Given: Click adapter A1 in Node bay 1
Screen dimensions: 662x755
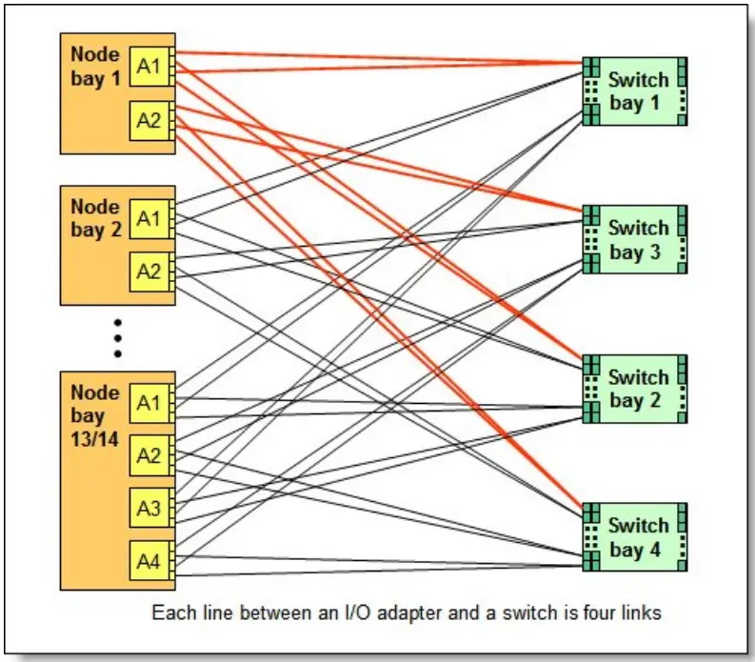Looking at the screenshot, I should point(149,66).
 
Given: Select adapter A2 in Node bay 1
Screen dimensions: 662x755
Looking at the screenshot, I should point(149,120).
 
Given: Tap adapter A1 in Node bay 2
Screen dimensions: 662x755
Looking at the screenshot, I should point(149,219).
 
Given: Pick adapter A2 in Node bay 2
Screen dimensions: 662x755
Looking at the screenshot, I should point(149,271).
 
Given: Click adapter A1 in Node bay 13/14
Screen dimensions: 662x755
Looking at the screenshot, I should point(149,404).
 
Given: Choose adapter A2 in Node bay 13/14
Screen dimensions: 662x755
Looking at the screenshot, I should point(149,455).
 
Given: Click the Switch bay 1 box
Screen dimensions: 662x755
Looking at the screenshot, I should point(636,91).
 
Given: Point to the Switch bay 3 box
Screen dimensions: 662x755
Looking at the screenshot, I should point(636,240).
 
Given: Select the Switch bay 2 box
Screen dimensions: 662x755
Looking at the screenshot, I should point(636,389).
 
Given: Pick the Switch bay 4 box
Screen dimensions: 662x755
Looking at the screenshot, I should point(636,537).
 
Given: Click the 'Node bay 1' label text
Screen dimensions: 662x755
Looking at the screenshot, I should point(95,65).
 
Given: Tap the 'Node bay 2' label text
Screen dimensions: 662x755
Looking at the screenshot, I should point(95,218).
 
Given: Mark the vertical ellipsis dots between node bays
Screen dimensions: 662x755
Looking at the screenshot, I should point(118,337).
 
